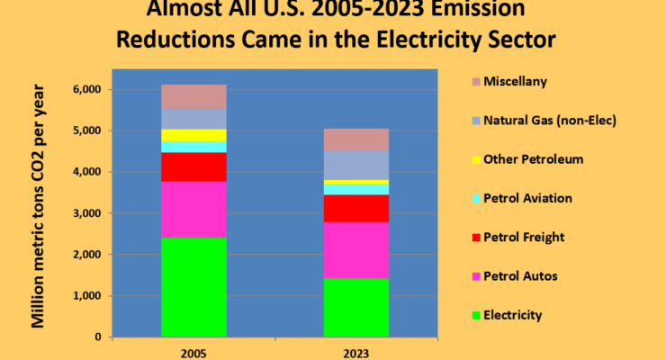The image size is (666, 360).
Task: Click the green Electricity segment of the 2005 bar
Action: tap(193, 286)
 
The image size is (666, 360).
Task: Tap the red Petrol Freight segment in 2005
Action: tap(193, 166)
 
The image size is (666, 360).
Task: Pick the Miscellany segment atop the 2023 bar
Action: tap(355, 139)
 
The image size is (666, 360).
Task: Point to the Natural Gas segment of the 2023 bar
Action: tap(355, 165)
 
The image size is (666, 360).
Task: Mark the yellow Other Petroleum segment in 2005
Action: tap(193, 135)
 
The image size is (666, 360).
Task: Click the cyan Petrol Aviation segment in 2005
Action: tap(193, 147)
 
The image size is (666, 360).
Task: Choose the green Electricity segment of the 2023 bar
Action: tap(355, 307)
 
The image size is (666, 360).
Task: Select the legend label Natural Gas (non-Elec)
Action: tap(539, 120)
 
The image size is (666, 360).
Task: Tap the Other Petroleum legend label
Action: tap(533, 159)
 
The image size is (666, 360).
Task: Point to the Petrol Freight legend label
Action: tap(524, 238)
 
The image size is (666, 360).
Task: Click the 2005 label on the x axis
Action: tap(193, 352)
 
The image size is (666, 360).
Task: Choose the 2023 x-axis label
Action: tap(355, 352)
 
